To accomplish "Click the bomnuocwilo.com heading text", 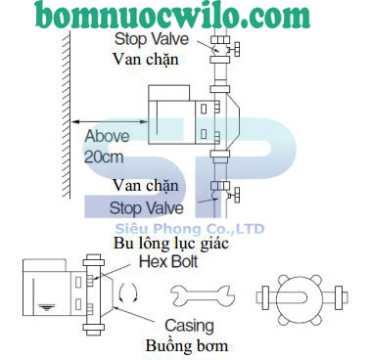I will [185, 16].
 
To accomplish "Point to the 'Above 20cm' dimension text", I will [107, 144].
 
